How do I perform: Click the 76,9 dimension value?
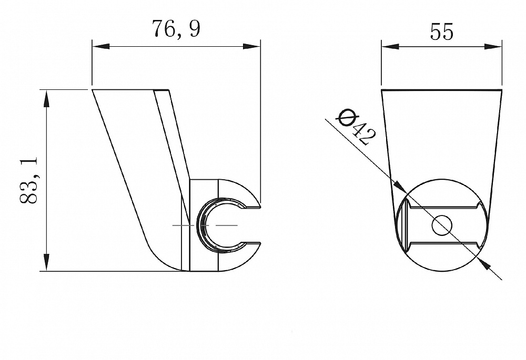coord(176,28)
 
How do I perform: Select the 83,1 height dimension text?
coord(28,180)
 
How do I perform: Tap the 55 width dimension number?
coord(441,32)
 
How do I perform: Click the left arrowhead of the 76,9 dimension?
coord(101,46)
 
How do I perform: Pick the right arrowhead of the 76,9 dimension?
coord(251,46)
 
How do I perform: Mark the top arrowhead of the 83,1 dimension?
coord(46,99)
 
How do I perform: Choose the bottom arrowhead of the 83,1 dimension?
coord(46,262)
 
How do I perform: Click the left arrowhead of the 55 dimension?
coord(390,46)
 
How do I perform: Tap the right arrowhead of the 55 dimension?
coord(493,46)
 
